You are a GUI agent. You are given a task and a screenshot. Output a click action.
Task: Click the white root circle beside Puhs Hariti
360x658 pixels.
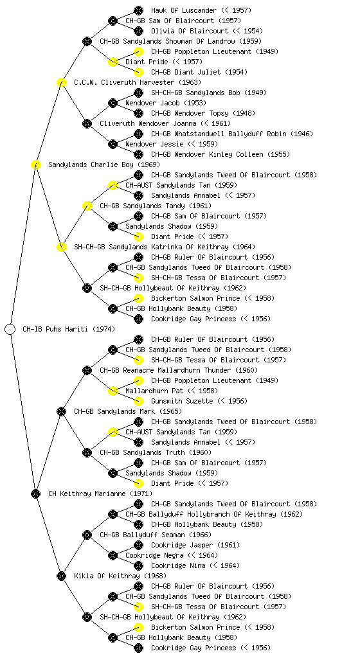(10, 329)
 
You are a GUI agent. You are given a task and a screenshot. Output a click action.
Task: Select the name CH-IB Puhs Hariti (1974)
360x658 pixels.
(69, 329)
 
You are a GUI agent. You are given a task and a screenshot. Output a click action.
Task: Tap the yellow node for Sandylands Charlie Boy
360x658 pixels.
(35, 164)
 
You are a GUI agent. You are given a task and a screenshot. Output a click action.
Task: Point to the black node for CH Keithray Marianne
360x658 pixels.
(35, 493)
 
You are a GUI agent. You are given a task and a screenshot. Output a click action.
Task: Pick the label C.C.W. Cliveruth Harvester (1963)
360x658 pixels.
(138, 82)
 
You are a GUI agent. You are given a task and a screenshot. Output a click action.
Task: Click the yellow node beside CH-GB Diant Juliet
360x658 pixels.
(138, 72)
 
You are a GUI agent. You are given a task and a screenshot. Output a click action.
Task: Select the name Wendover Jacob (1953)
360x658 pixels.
(166, 103)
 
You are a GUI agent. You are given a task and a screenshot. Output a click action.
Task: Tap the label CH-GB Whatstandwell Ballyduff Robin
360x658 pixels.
(219, 134)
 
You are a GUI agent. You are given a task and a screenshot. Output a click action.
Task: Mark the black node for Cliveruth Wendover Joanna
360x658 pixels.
(87, 123)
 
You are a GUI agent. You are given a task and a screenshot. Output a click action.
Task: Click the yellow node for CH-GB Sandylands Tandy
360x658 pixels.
(87, 206)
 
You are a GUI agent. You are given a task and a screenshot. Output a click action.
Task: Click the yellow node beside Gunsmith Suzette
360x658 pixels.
(138, 401)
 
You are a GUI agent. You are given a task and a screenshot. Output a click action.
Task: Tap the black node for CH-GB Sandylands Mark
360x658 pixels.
(61, 411)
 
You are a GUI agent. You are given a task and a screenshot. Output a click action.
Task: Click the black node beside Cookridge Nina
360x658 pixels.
(138, 565)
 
